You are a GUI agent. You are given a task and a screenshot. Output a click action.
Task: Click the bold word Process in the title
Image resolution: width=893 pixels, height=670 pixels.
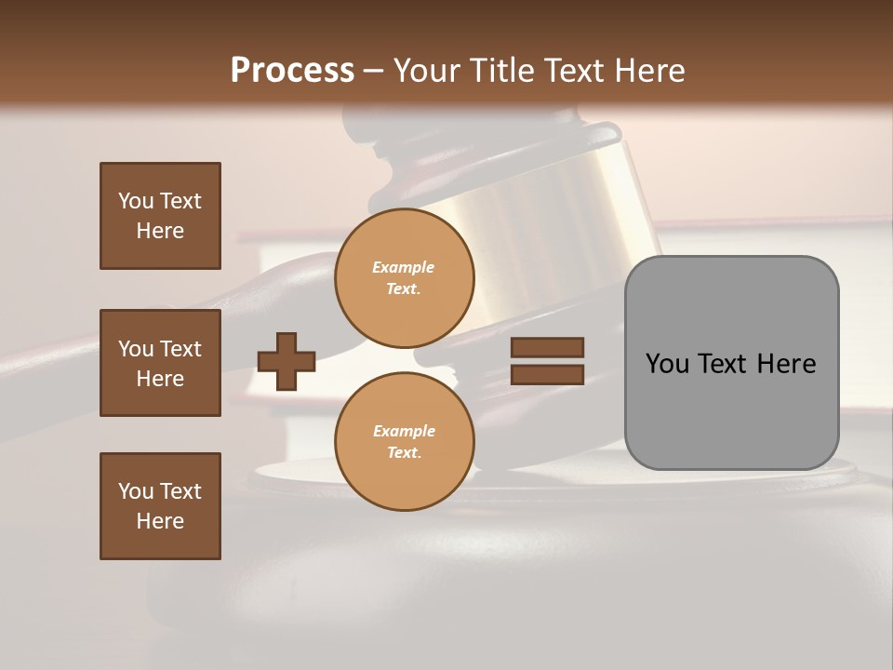pos(292,71)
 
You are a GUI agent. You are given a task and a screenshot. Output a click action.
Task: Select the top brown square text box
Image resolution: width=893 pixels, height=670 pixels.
pos(160,216)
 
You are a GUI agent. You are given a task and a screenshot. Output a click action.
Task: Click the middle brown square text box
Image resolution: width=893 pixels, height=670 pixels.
pos(160,363)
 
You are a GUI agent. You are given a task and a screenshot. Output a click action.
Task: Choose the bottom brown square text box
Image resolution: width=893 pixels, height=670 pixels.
pos(160,506)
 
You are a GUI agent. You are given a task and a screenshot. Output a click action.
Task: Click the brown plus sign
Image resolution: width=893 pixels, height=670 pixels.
pos(287,361)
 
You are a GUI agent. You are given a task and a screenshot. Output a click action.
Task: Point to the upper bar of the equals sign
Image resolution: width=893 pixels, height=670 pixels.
pos(547,347)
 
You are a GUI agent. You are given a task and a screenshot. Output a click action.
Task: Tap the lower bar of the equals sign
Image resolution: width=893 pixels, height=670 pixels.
pos(547,374)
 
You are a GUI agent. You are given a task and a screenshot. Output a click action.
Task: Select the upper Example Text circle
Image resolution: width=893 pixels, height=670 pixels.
pos(404,278)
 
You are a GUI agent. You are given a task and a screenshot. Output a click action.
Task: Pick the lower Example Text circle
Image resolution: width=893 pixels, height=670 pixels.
pos(404,442)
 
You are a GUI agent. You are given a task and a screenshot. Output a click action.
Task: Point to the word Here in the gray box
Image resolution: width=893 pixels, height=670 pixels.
pos(786,364)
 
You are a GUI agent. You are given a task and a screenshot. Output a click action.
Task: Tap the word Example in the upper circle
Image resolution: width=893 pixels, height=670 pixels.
pos(404,268)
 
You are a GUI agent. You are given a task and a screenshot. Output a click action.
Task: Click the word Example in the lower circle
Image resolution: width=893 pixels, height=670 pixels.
pos(404,432)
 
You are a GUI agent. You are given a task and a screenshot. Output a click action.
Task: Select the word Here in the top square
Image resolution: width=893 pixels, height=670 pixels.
pos(160,231)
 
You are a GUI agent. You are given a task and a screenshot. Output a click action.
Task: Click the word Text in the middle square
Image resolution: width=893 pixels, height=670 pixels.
pos(180,349)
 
